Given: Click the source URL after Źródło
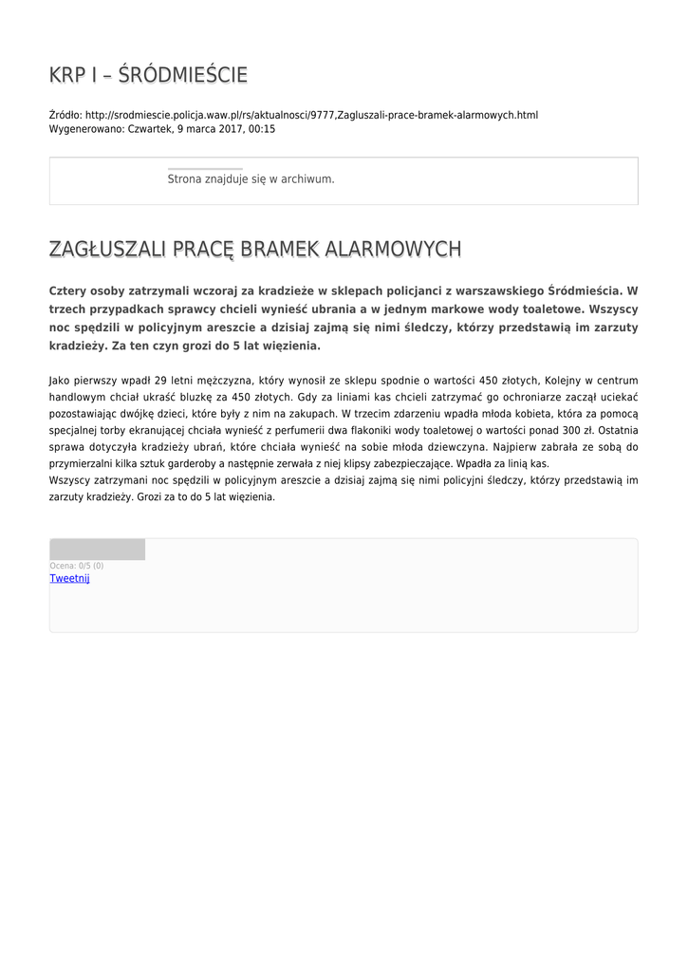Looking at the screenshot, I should point(311,115).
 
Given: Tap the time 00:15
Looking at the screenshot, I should point(261,128).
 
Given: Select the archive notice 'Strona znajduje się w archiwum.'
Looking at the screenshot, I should point(251,178).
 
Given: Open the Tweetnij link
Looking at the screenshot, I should point(69,578).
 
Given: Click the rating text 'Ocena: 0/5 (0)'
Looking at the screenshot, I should point(77,566).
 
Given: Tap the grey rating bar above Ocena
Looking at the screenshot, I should point(97,550).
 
